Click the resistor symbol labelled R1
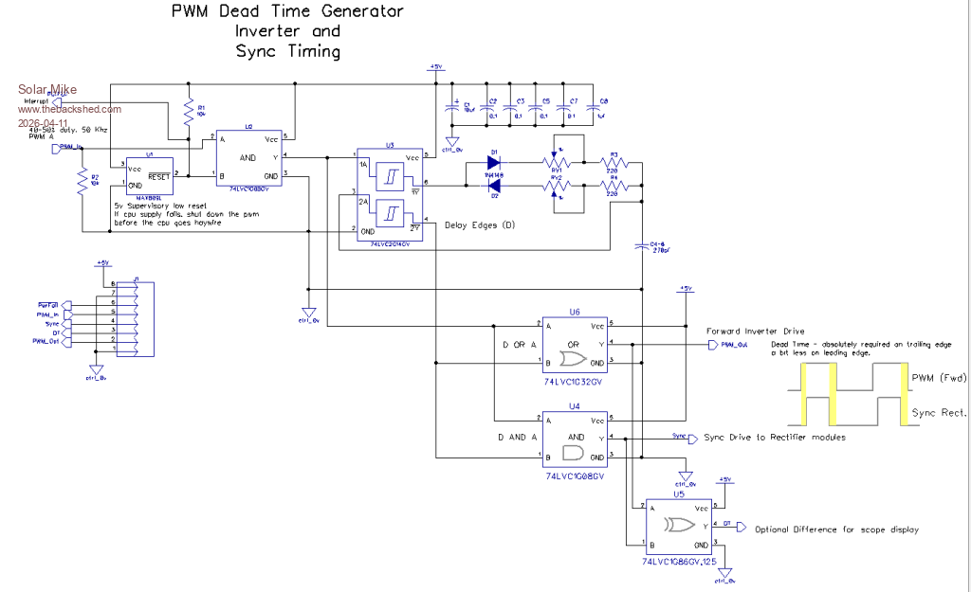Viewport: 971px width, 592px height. click(189, 110)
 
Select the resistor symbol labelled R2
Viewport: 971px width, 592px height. click(82, 181)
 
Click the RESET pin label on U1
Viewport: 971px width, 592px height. click(158, 175)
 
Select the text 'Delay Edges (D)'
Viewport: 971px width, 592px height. click(479, 224)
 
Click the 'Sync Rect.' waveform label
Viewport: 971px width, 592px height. click(939, 413)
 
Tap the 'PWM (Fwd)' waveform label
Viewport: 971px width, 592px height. click(939, 379)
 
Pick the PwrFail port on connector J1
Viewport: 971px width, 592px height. click(50, 304)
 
